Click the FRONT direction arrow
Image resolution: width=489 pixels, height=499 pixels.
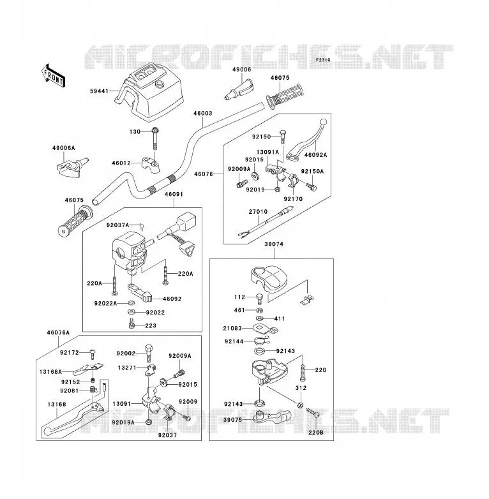pyautogui.click(x=53, y=76)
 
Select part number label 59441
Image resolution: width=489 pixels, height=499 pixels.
pyautogui.click(x=100, y=91)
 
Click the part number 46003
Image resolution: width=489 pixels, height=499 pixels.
pyautogui.click(x=202, y=114)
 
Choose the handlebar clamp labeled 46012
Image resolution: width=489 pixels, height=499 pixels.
pyautogui.click(x=151, y=164)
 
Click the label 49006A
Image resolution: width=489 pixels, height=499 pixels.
pyautogui.click(x=64, y=148)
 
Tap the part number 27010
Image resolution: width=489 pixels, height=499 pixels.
pyautogui.click(x=258, y=212)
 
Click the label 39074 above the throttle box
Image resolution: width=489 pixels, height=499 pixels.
pyautogui.click(x=274, y=244)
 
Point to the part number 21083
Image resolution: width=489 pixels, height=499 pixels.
pyautogui.click(x=232, y=328)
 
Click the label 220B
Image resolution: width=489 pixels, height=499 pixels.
pyautogui.click(x=316, y=433)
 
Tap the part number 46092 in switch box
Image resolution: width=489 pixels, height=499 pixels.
pyautogui.click(x=172, y=299)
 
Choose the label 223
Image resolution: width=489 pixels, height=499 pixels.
pyautogui.click(x=151, y=325)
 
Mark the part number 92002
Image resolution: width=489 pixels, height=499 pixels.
pyautogui.click(x=126, y=354)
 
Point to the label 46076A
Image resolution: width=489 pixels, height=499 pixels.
pyautogui.click(x=58, y=332)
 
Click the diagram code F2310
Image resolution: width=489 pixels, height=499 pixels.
pyautogui.click(x=323, y=60)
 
